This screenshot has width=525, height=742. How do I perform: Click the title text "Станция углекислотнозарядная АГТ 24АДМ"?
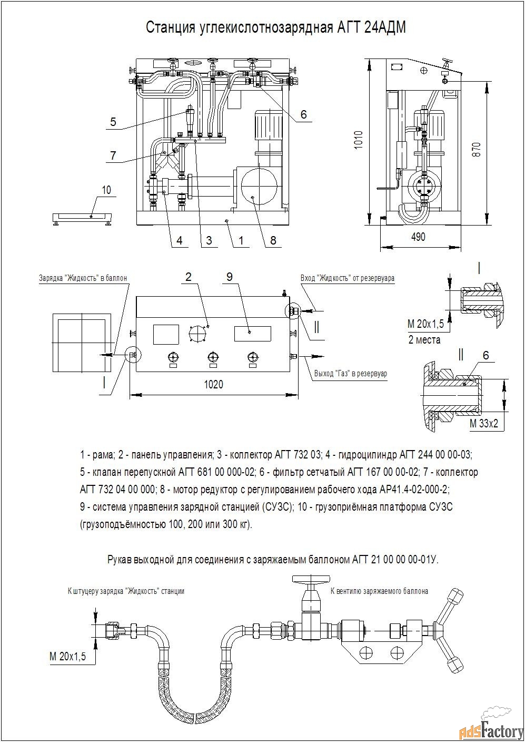click(x=275, y=28)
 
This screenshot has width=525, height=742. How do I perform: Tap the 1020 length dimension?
click(x=213, y=384)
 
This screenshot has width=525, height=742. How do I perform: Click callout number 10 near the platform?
click(x=107, y=190)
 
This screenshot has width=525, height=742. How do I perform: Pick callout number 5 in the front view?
click(x=113, y=122)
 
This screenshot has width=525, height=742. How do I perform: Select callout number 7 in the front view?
click(x=113, y=155)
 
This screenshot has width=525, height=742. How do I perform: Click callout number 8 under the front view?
click(x=273, y=240)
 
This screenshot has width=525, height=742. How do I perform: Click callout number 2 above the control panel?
click(x=188, y=277)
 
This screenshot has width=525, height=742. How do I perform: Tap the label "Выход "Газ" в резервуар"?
click(x=350, y=374)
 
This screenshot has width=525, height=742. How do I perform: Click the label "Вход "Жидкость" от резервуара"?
click(x=347, y=277)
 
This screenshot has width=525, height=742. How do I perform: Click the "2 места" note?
click(x=424, y=339)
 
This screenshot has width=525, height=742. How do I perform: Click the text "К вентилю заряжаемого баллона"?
click(x=379, y=591)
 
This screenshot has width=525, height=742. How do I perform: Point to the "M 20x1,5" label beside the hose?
click(x=67, y=657)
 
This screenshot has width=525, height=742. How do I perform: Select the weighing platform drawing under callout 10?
click(x=83, y=217)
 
